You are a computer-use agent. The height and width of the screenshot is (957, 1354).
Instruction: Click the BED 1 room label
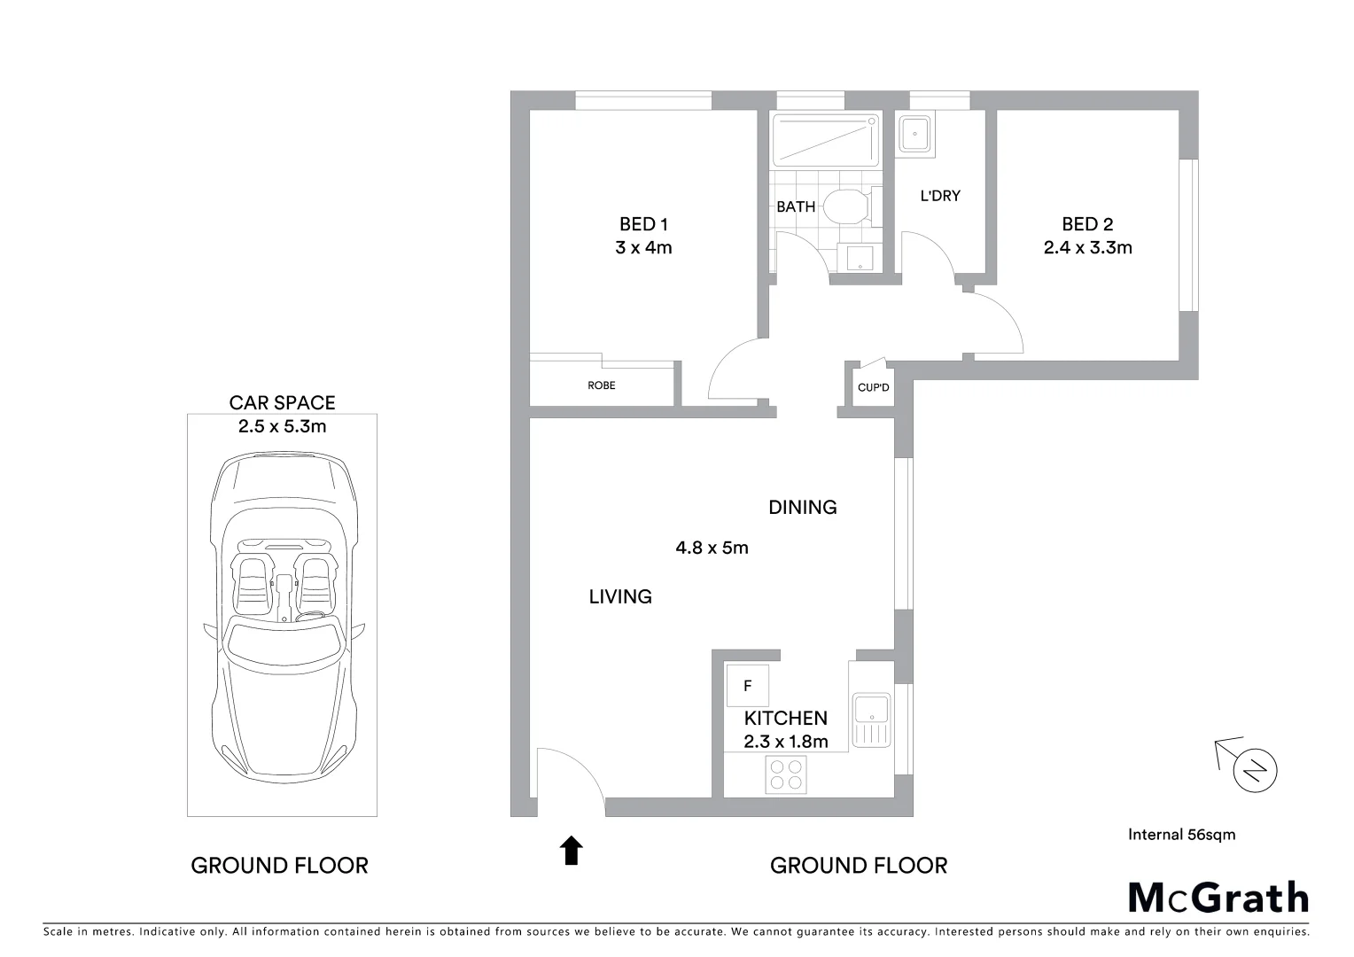coord(643,224)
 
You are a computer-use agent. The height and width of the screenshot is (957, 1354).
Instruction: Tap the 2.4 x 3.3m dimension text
coord(1087,248)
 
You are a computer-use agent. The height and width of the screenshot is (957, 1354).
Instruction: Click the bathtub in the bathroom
coord(826,140)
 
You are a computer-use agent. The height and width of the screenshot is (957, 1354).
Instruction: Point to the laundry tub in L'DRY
coord(914,136)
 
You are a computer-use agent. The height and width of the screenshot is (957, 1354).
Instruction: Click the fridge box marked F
coord(747,686)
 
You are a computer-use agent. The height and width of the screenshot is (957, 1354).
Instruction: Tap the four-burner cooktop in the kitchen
coord(786,774)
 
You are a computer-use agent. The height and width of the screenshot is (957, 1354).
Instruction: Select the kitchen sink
coord(870,720)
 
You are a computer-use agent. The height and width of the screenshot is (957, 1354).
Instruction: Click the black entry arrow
coord(572,850)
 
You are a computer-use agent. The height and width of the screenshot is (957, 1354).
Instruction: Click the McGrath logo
coord(1218,898)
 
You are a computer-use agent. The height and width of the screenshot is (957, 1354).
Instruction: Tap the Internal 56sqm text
coord(1181,834)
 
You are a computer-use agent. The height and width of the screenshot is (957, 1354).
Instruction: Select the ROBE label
coord(601,385)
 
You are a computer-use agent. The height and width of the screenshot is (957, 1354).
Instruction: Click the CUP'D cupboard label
coord(873,388)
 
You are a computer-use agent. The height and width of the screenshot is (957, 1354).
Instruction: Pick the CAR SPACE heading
coord(282,403)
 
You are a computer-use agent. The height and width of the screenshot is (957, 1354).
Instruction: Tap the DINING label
coord(802,507)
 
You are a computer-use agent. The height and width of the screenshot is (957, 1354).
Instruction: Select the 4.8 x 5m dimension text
coord(712,548)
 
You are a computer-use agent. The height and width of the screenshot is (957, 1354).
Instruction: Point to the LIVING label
coord(620,596)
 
